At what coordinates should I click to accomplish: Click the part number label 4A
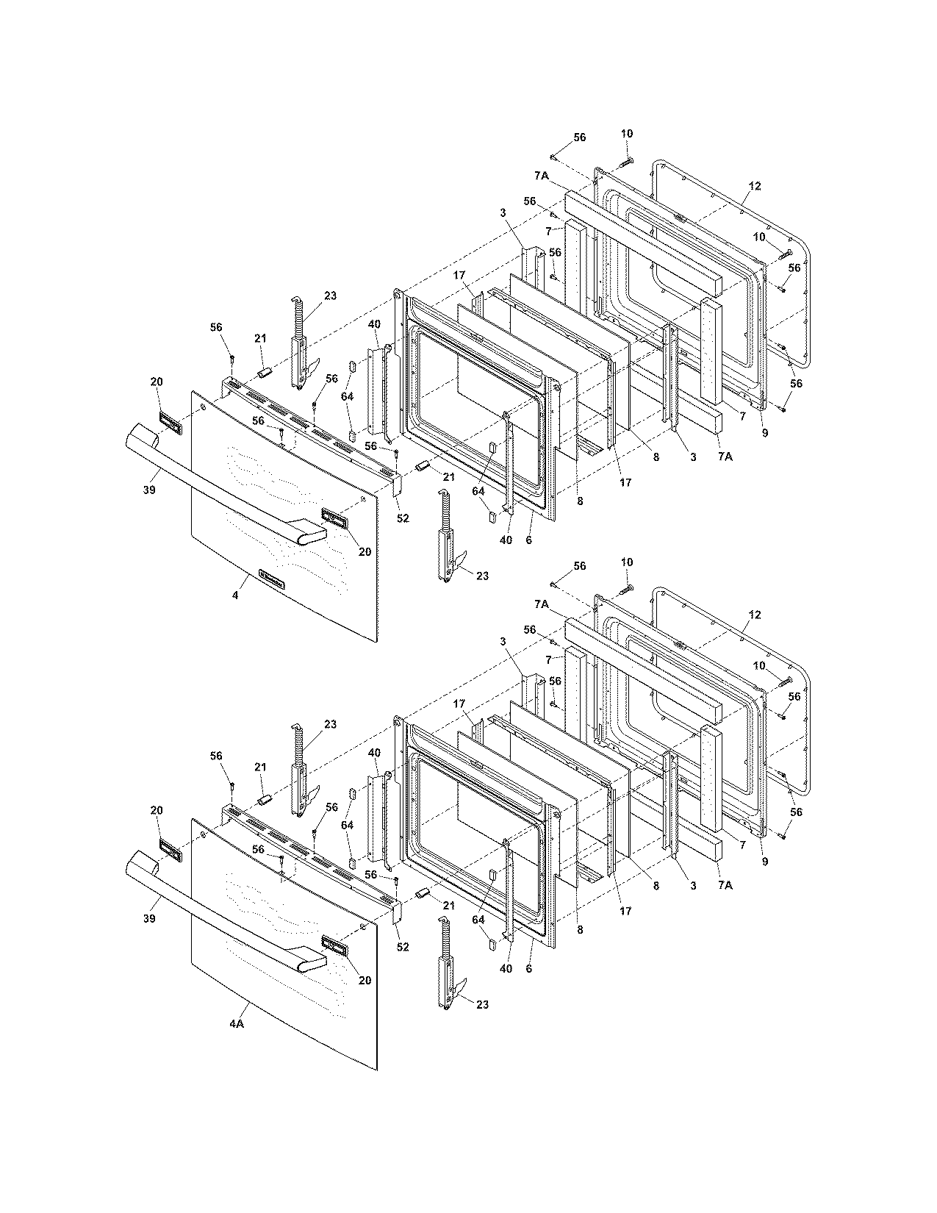click(x=235, y=1023)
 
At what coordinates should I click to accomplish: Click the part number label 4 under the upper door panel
click(x=235, y=595)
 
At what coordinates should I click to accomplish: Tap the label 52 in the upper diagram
click(x=402, y=518)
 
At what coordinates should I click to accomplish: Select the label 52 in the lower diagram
click(x=402, y=947)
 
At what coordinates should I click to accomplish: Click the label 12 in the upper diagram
click(x=755, y=187)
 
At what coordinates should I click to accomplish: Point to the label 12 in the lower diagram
click(x=755, y=615)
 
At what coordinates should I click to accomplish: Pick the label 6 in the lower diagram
click(x=528, y=968)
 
